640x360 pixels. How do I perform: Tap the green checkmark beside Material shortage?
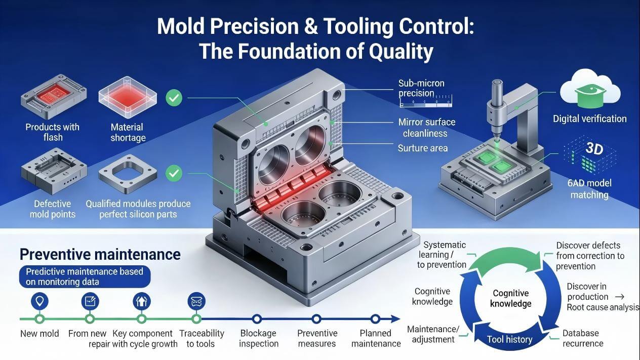174,97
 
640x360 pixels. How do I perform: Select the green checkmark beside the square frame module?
174,174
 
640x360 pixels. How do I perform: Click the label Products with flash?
52,132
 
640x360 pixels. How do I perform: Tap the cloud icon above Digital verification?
590,90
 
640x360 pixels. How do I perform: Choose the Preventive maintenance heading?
100,254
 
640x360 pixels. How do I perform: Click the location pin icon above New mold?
39,301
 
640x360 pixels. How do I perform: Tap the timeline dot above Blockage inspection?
257,319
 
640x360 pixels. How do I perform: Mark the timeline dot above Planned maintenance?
375,319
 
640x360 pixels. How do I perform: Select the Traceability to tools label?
202,338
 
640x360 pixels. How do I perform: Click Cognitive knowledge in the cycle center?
511,298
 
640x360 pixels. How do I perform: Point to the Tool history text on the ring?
510,339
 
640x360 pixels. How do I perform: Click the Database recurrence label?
583,338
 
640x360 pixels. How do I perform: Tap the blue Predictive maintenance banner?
84,276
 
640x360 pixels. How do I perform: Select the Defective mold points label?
52,209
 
